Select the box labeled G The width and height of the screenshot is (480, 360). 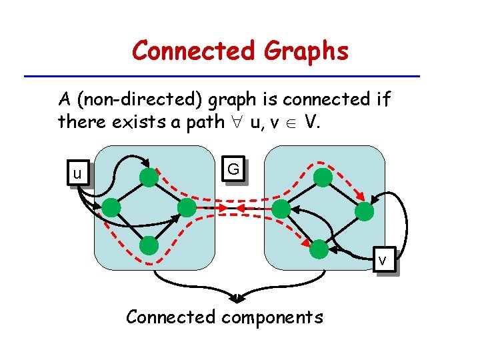pos(233,170)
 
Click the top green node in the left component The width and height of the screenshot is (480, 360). pos(149,177)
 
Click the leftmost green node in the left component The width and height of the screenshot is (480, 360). pos(111,208)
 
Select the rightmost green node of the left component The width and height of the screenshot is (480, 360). pos(187,208)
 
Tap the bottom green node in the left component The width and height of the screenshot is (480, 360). pos(149,246)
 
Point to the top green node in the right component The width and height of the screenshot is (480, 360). pos(323,177)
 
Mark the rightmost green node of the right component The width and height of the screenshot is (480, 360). pos(364,212)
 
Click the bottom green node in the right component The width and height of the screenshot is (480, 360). pos(319,249)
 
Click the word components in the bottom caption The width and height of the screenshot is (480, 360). pos(272,317)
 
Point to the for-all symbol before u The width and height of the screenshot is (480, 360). pos(233,122)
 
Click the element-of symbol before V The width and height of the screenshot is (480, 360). pos(291,122)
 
